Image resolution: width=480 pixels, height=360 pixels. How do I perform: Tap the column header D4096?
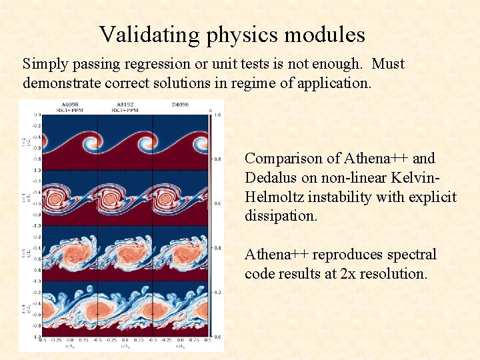pos(179,104)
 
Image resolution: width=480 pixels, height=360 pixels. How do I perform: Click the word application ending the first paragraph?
pos(334,83)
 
